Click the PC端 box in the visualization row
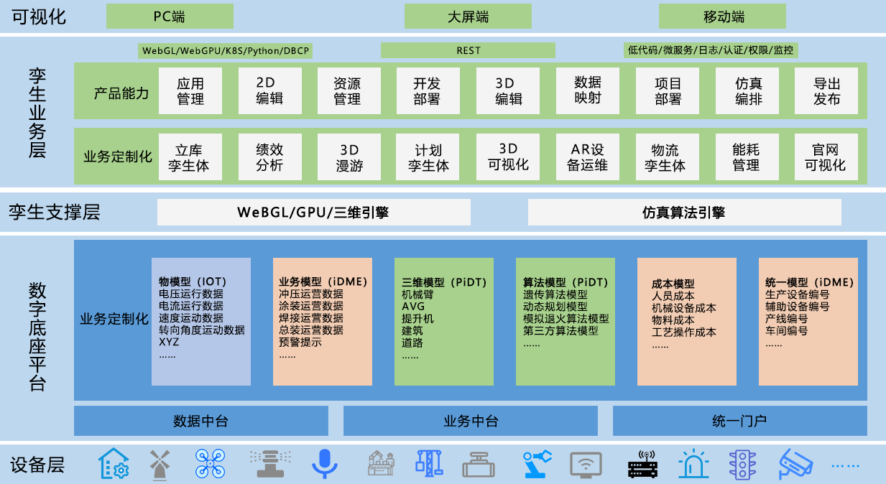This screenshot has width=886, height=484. pos(170,16)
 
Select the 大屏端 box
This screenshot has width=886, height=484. pos(468,16)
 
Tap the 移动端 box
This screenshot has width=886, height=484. pos(722,16)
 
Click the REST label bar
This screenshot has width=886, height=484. pos(468,50)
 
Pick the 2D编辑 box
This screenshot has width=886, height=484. pos(269,90)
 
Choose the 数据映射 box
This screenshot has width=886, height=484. pos(588,90)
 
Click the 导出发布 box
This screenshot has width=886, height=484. pos(826,90)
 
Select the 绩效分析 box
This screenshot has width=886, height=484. pos(269,157)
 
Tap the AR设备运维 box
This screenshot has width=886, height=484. pos(588,157)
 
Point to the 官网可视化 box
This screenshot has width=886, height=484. pos(826,157)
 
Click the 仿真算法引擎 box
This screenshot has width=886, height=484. pos(684,213)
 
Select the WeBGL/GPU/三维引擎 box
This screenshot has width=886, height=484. pos(314,213)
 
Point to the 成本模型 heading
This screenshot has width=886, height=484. pos(673,284)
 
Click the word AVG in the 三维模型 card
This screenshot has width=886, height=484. pos(414,307)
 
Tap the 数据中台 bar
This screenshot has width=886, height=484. pos(201,421)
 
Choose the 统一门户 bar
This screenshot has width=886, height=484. pos(739,421)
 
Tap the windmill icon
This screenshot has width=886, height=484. pos(159,464)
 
